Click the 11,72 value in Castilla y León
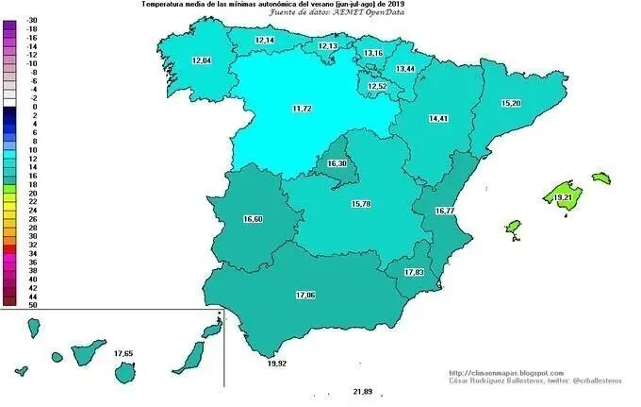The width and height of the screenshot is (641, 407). pyautogui.click(x=302, y=109)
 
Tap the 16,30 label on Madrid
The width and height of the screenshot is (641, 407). pyautogui.click(x=337, y=164)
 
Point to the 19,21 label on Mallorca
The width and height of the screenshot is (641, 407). pyautogui.click(x=564, y=197)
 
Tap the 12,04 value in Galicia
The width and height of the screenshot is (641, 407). pyautogui.click(x=202, y=60)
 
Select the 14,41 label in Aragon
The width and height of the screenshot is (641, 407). pyautogui.click(x=437, y=119)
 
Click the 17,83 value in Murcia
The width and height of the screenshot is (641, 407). pyautogui.click(x=414, y=272)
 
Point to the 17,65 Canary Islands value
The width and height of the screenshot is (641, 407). pyautogui.click(x=123, y=353)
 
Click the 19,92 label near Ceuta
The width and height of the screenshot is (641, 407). pyautogui.click(x=277, y=363)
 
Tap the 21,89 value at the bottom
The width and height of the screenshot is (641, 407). pyautogui.click(x=363, y=391)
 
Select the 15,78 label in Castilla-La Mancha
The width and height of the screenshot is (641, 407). pyautogui.click(x=362, y=204)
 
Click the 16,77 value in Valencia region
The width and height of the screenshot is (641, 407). pyautogui.click(x=445, y=211)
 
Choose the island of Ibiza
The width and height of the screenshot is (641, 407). pyautogui.click(x=514, y=227)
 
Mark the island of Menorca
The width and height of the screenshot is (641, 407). pyautogui.click(x=600, y=177)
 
